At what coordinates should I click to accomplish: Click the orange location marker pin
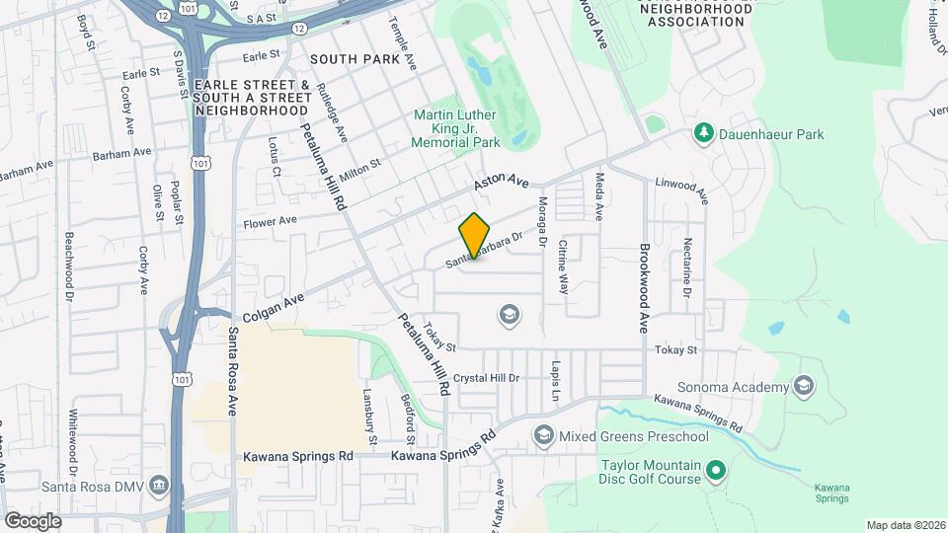(475, 236)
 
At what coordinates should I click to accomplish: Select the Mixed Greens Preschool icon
(543, 435)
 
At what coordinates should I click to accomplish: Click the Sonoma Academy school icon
(804, 386)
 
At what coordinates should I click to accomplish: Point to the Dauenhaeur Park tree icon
(703, 133)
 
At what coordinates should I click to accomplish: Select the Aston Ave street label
(502, 183)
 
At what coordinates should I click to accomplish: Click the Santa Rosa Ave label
(234, 370)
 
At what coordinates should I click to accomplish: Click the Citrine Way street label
(564, 266)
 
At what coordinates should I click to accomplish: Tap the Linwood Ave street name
(682, 190)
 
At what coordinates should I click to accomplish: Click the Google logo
(34, 520)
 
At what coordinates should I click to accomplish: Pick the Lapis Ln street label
(556, 379)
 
